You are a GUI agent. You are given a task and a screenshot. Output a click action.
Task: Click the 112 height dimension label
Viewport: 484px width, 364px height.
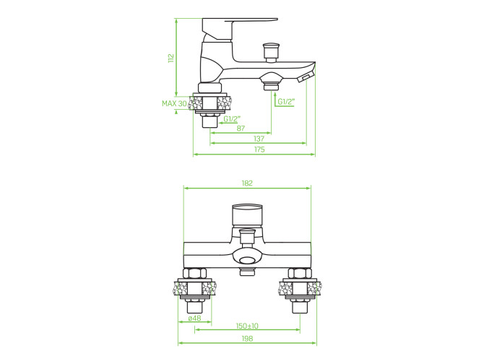click(171, 58)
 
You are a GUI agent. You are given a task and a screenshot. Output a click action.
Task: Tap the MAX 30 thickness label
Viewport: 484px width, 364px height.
click(174, 104)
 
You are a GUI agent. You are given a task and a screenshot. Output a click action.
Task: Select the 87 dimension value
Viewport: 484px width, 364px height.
click(241, 129)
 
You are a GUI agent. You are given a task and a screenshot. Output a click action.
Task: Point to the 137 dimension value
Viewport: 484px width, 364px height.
click(259, 139)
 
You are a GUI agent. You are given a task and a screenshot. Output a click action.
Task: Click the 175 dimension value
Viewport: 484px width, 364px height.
click(259, 149)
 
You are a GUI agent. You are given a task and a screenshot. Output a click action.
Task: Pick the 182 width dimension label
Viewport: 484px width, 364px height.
click(247, 183)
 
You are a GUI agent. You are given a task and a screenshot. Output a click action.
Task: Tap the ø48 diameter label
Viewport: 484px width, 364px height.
click(195, 318)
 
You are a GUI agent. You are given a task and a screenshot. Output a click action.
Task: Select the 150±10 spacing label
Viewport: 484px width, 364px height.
click(247, 326)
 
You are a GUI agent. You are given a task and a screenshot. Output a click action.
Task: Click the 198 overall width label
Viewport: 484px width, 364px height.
click(247, 339)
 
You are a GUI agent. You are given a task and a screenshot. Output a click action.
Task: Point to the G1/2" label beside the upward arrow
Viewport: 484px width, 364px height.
click(286, 102)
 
